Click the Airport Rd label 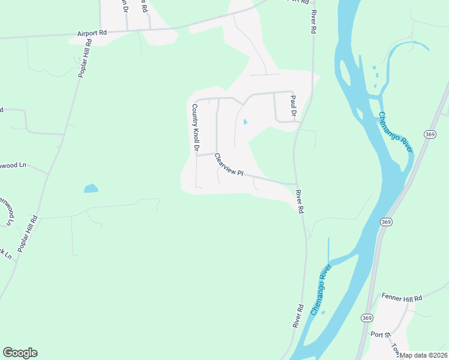pos(91,34)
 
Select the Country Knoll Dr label pos(194,128)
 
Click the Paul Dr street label pos(294,106)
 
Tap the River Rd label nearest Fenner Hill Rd pos(298,315)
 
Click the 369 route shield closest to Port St pos(367,317)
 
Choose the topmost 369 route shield pos(429,135)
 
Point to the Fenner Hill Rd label pos(402,298)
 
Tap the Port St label pos(381,334)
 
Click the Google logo pos(20,353)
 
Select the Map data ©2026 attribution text pos(424,355)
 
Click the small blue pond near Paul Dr pos(244,122)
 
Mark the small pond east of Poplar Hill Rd pos(91,188)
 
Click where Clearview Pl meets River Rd pos(296,184)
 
